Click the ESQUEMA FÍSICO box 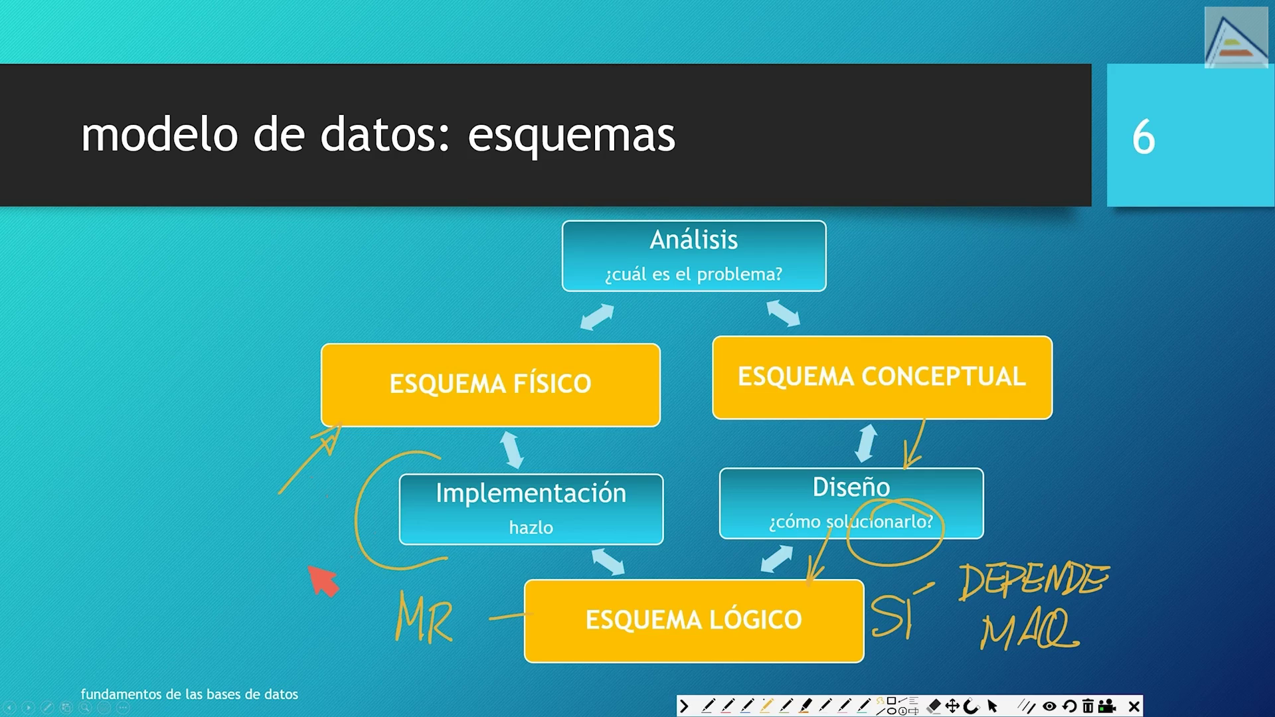(490, 384)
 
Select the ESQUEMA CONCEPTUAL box (882, 377)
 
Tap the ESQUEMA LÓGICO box (693, 620)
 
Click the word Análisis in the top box (693, 240)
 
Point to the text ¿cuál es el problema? (693, 274)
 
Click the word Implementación (531, 493)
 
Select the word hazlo (531, 528)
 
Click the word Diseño (851, 487)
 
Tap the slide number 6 (1143, 137)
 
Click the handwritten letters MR (424, 618)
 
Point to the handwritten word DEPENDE (1033, 581)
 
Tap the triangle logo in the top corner (1235, 39)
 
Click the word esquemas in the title (571, 135)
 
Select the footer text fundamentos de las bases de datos (189, 694)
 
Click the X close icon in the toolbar (1134, 706)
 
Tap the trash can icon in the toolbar (1088, 706)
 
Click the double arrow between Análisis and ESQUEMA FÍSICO (596, 317)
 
